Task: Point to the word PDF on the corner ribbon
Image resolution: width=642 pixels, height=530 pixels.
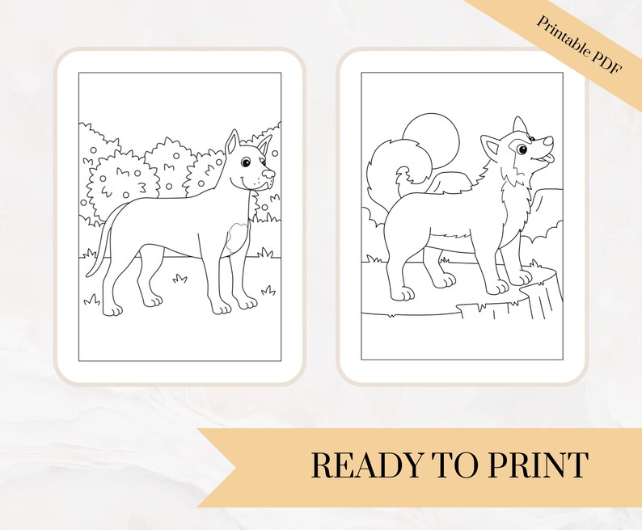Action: (605, 67)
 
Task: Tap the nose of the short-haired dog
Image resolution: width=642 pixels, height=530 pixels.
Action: (270, 173)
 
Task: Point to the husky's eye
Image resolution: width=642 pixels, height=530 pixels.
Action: (522, 149)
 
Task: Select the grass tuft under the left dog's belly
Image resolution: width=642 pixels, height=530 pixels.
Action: (180, 279)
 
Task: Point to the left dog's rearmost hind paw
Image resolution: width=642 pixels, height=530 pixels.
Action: (113, 309)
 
